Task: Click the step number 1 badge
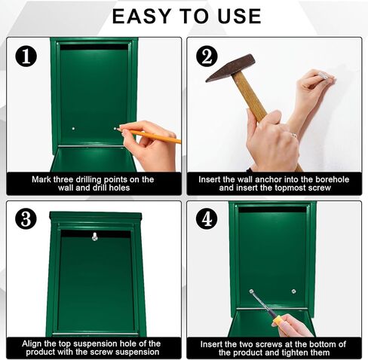26,56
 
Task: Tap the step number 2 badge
207,56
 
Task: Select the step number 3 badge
26,219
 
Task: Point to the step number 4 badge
207,219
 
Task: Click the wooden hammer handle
253,101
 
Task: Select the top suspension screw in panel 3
95,237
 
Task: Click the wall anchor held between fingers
325,75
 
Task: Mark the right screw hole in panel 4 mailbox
294,291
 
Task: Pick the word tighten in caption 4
301,352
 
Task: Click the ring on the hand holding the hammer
293,136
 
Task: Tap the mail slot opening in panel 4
272,209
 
